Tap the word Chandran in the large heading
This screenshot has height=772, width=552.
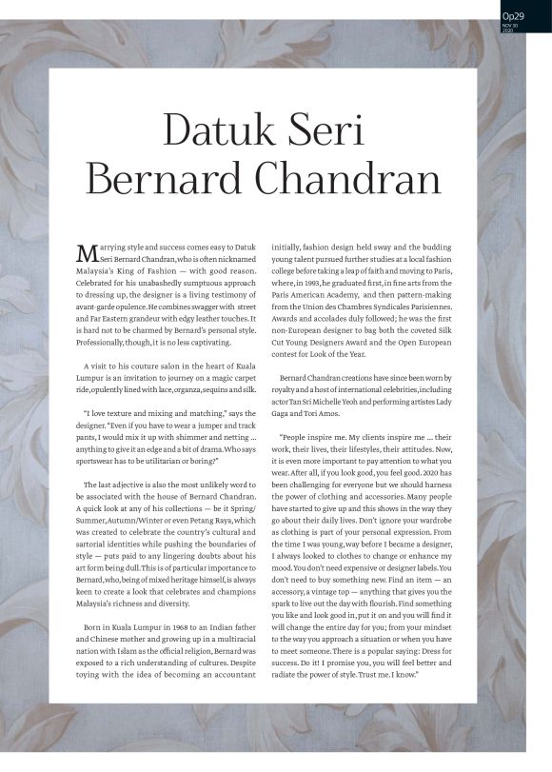tap(358, 181)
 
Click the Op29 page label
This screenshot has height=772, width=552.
tap(513, 15)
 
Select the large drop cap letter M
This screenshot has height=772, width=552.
tap(86, 254)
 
